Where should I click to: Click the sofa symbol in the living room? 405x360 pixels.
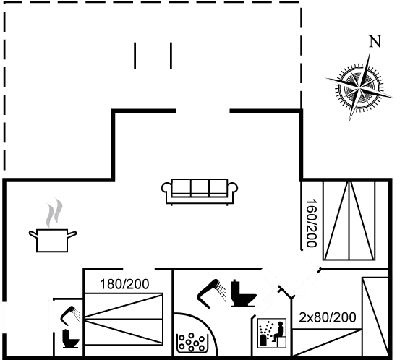(x=200, y=192)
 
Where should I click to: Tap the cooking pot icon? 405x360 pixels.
(x=52, y=240)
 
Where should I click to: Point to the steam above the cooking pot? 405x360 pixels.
(x=54, y=213)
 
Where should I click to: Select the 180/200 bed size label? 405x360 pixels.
(x=124, y=284)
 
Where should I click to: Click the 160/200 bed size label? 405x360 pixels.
(x=311, y=223)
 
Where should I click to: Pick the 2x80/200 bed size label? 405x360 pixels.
(x=327, y=317)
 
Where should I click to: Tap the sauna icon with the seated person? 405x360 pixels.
(x=272, y=333)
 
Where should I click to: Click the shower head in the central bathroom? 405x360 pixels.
(x=211, y=293)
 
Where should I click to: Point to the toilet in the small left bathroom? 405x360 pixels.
(x=70, y=338)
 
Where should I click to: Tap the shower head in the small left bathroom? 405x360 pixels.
(x=70, y=316)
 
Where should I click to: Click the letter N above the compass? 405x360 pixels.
(x=375, y=41)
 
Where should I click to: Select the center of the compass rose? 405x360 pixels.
(x=360, y=88)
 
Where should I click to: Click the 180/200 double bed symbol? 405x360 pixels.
(x=124, y=319)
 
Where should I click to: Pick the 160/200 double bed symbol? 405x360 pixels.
(x=349, y=220)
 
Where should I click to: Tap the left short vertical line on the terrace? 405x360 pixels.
(x=135, y=56)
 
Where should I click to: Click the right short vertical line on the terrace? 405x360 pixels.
(x=171, y=56)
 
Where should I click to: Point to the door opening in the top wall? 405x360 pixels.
(x=202, y=111)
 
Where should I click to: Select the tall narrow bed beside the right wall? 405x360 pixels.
(x=375, y=317)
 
